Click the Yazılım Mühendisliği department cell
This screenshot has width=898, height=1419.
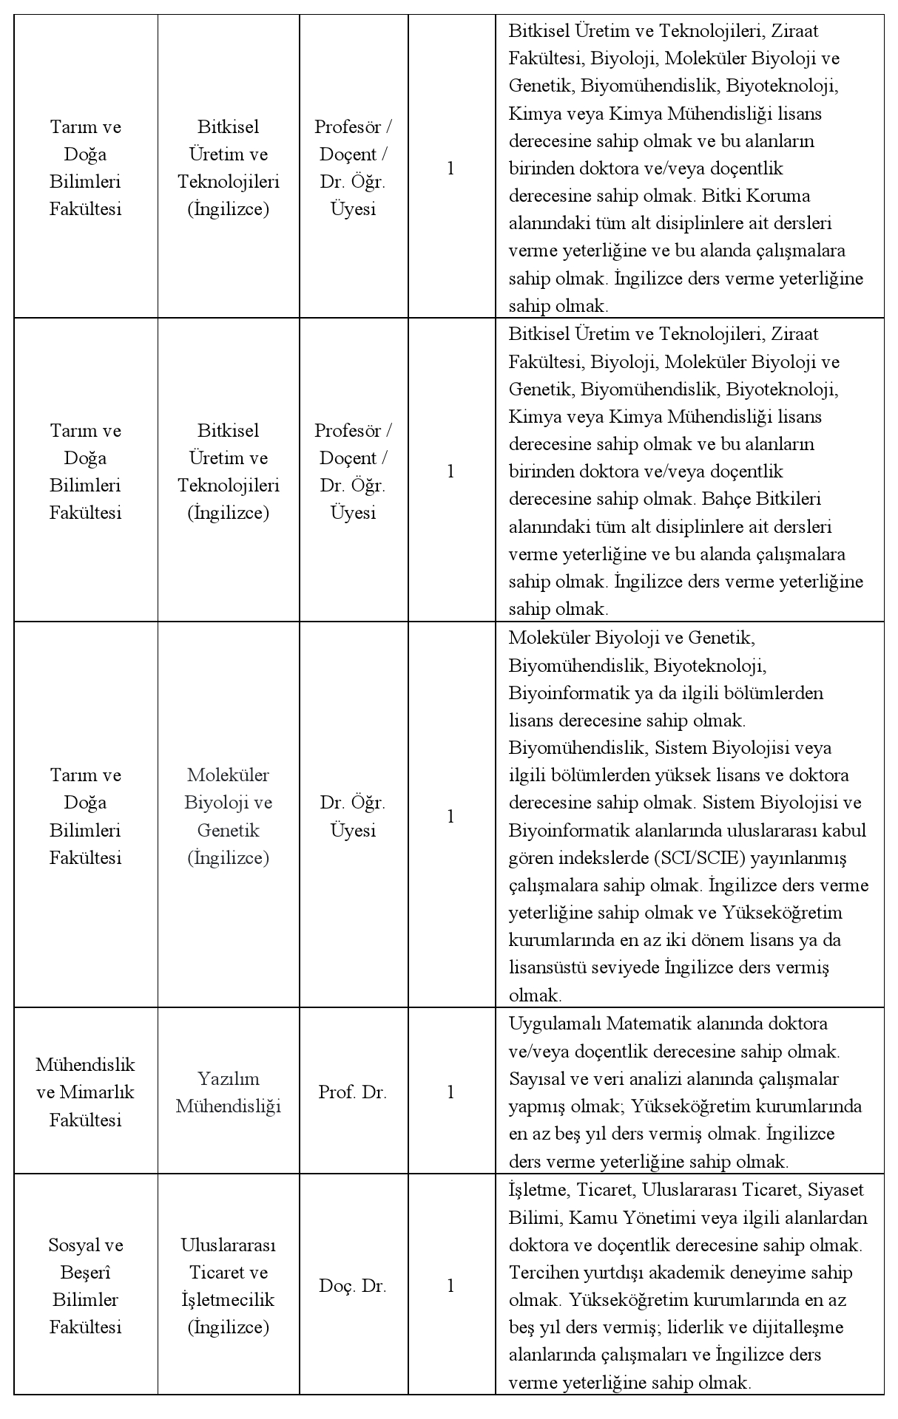[228, 1092]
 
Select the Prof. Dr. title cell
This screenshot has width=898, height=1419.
[353, 1092]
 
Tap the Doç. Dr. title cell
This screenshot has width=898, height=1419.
[353, 1286]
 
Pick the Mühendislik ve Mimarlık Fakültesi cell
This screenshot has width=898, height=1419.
[85, 1092]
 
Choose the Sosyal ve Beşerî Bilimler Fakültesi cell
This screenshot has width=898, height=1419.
[85, 1286]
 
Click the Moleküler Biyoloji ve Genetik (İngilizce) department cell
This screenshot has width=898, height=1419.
[228, 816]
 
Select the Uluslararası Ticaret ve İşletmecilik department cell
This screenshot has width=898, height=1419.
[228, 1286]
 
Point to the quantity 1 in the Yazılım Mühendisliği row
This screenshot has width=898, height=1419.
[450, 1092]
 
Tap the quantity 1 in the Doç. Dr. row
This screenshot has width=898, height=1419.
[450, 1286]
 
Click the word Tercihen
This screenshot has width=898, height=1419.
[541, 1273]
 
